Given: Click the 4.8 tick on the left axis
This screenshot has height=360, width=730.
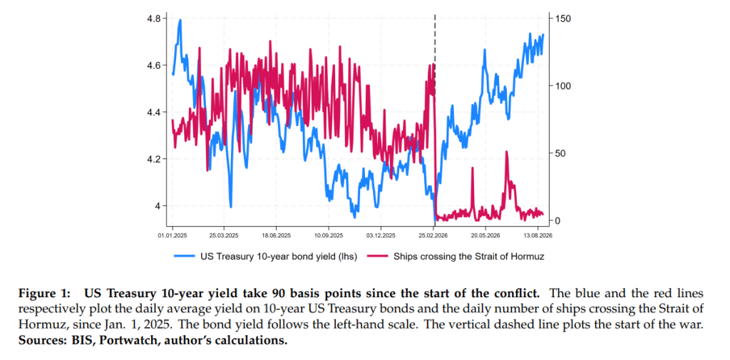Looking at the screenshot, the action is click(154, 19).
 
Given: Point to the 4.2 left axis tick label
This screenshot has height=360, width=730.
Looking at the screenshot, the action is click(154, 159).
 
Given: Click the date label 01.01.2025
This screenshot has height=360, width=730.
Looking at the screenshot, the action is click(173, 236).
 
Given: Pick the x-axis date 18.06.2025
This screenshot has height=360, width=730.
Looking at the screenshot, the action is click(277, 236).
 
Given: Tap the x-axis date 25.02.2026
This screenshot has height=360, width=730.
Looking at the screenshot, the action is click(434, 236).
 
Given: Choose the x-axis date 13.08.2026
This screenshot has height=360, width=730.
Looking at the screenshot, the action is click(538, 236).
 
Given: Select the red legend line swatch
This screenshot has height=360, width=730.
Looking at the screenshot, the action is click(378, 256).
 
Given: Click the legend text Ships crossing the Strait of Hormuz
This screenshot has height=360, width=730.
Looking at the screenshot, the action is click(468, 256).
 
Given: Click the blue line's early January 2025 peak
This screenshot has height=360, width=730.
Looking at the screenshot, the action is click(180, 20).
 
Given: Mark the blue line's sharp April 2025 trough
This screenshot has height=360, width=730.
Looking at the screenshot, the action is click(230, 207).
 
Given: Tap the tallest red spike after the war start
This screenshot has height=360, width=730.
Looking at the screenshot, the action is click(507, 152).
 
